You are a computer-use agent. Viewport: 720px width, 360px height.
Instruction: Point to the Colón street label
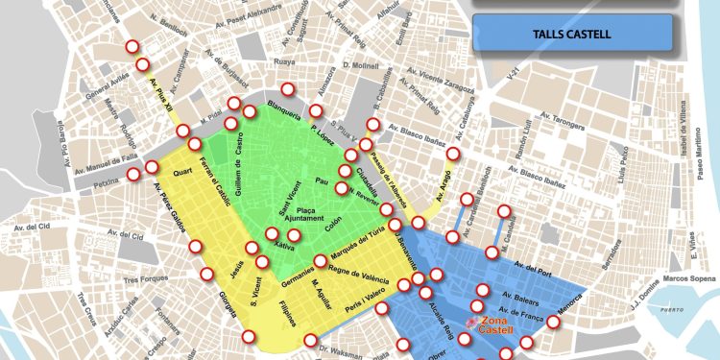pyautogui.click(x=332, y=227)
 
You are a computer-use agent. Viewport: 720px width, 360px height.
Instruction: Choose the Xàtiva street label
pyautogui.click(x=284, y=246)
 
